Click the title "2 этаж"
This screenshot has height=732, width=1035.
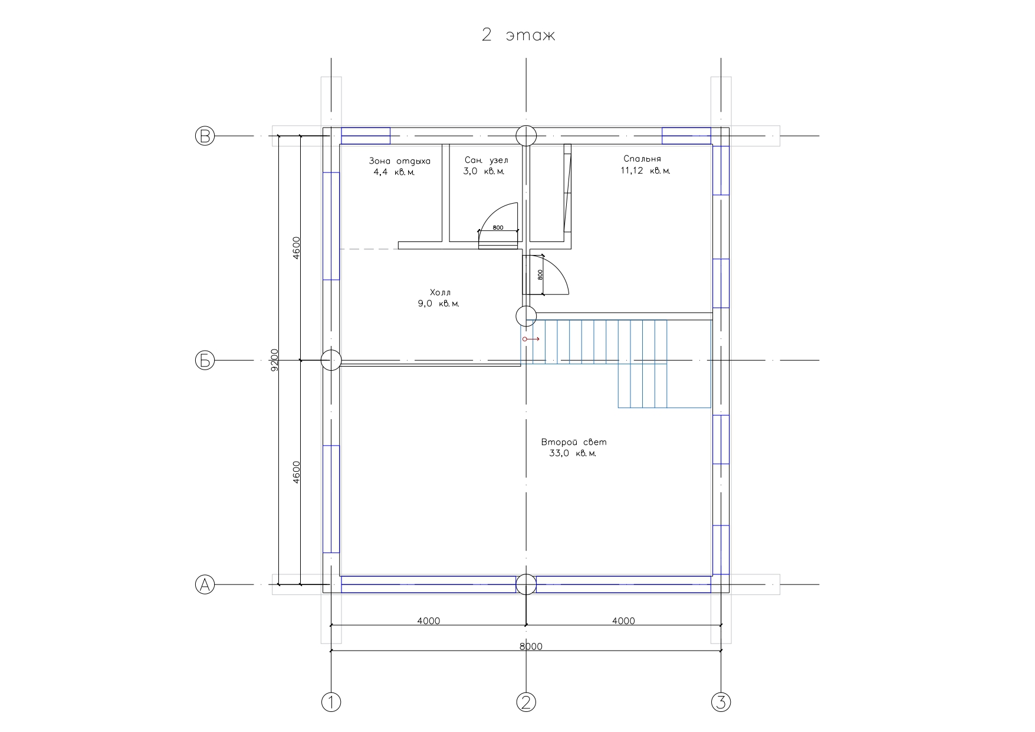click(518, 35)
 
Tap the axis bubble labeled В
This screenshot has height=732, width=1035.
click(205, 136)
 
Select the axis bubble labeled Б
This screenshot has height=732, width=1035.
click(205, 360)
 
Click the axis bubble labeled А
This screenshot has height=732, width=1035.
click(205, 584)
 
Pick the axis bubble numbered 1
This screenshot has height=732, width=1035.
click(331, 702)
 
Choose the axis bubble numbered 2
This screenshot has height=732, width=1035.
click(526, 702)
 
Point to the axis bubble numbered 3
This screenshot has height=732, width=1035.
click(721, 702)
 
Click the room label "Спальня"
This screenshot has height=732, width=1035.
click(642, 159)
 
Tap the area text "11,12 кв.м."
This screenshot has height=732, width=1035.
click(645, 171)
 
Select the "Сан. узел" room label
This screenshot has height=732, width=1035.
click(486, 160)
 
